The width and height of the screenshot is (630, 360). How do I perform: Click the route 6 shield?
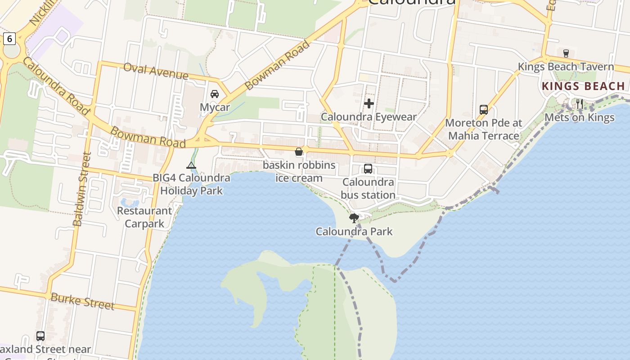click(9, 39)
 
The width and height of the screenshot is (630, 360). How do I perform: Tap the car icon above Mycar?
click(215, 94)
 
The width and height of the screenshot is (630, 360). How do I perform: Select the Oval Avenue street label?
click(155, 71)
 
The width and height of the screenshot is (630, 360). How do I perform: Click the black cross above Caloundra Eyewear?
click(369, 103)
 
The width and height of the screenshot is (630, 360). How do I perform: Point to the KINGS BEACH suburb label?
click(583, 86)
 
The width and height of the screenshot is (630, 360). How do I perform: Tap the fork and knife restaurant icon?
click(580, 104)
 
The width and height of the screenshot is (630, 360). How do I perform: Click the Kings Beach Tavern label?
click(566, 67)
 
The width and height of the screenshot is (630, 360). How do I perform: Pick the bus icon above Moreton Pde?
click(484, 109)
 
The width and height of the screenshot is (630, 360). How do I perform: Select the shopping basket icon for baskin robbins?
click(299, 152)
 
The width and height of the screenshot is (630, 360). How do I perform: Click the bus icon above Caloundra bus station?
click(368, 169)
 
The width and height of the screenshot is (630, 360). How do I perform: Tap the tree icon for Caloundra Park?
click(354, 218)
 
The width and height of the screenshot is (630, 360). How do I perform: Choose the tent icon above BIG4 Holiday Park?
click(191, 165)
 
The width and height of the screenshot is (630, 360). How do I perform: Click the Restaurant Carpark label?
click(144, 217)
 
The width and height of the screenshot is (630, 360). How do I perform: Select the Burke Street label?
click(82, 301)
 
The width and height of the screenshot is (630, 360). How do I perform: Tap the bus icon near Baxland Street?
click(40, 336)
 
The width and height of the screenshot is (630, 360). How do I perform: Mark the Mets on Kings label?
click(579, 117)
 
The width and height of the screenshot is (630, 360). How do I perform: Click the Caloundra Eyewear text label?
click(369, 117)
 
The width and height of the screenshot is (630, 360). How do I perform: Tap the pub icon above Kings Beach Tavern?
click(566, 53)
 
